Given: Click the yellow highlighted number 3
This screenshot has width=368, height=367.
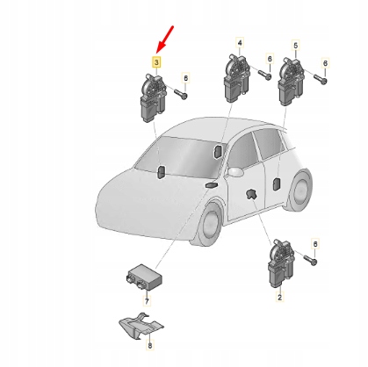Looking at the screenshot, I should point(156,63).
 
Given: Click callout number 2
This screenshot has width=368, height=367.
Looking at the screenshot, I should point(279,299).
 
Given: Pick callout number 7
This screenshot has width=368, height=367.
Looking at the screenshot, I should point(148,301).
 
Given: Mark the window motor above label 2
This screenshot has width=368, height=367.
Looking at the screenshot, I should point(279,263).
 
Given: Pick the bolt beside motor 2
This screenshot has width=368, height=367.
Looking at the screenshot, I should point(314,261).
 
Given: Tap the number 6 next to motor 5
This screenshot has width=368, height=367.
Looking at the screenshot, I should point(325,63).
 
